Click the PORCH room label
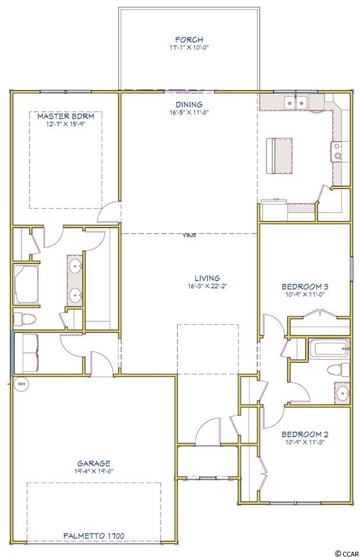189,40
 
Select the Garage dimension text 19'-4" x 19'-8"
94,471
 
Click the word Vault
189,235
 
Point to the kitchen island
279,156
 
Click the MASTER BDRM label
66,116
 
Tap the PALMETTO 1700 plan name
94,536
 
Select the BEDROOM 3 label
305,286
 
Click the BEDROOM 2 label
305,434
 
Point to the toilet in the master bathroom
24,319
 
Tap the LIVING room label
207,278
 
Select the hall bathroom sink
342,393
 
